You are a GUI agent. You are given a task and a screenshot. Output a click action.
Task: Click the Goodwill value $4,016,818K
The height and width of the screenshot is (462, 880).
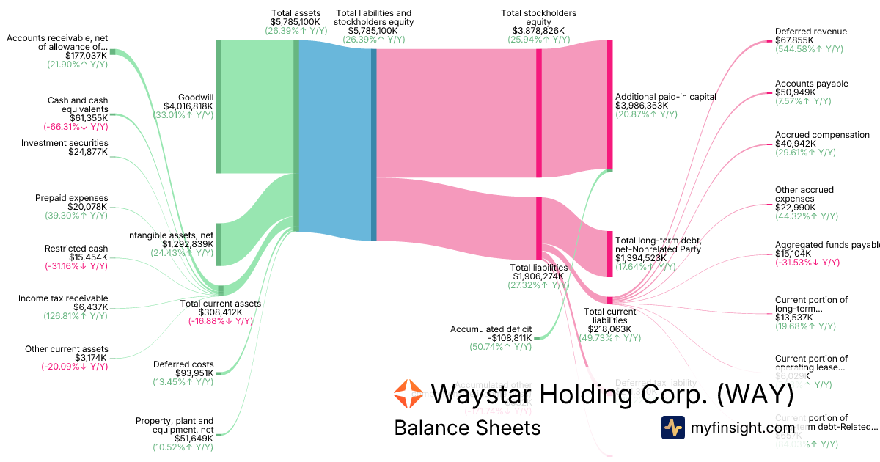click(x=183, y=106)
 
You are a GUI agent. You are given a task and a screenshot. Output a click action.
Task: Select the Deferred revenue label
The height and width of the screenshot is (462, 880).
click(x=810, y=32)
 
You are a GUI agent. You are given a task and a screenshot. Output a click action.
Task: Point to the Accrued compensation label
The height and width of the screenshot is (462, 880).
click(x=812, y=135)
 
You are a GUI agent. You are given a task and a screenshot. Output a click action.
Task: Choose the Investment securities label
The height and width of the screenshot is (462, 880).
click(x=65, y=143)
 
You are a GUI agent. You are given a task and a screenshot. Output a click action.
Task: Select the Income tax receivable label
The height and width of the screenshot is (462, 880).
click(x=63, y=298)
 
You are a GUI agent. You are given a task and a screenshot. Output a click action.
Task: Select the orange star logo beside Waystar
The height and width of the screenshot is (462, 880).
click(x=408, y=394)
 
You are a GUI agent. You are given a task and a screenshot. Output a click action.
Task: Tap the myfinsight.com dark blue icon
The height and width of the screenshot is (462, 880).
click(x=672, y=427)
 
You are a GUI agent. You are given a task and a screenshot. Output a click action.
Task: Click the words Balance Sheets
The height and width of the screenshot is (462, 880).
click(x=466, y=428)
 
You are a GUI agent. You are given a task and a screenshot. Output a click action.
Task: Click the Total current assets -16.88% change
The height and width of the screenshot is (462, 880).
click(x=220, y=320)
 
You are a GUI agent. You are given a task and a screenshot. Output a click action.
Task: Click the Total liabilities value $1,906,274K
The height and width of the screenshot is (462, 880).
click(x=538, y=276)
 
